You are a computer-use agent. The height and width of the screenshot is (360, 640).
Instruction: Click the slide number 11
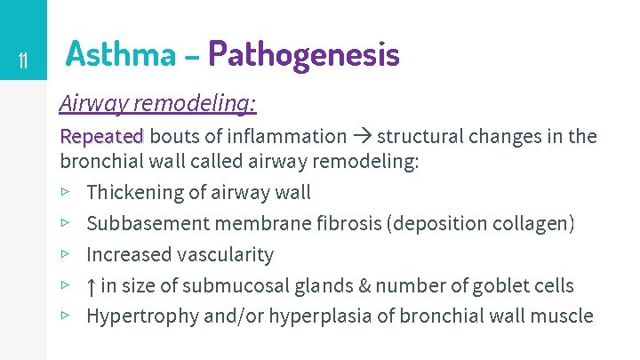23,61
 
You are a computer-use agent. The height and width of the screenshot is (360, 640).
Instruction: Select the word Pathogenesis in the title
304,55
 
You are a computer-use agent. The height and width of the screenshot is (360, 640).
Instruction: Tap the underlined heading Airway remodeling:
157,104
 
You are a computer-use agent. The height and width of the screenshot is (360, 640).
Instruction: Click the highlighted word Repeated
101,136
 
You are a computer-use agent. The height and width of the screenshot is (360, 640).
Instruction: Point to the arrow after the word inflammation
362,136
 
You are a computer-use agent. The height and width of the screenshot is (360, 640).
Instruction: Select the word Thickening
130,191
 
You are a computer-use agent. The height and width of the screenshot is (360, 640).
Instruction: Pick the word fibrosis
348,222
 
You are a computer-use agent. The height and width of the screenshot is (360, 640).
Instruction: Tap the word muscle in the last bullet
563,316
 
